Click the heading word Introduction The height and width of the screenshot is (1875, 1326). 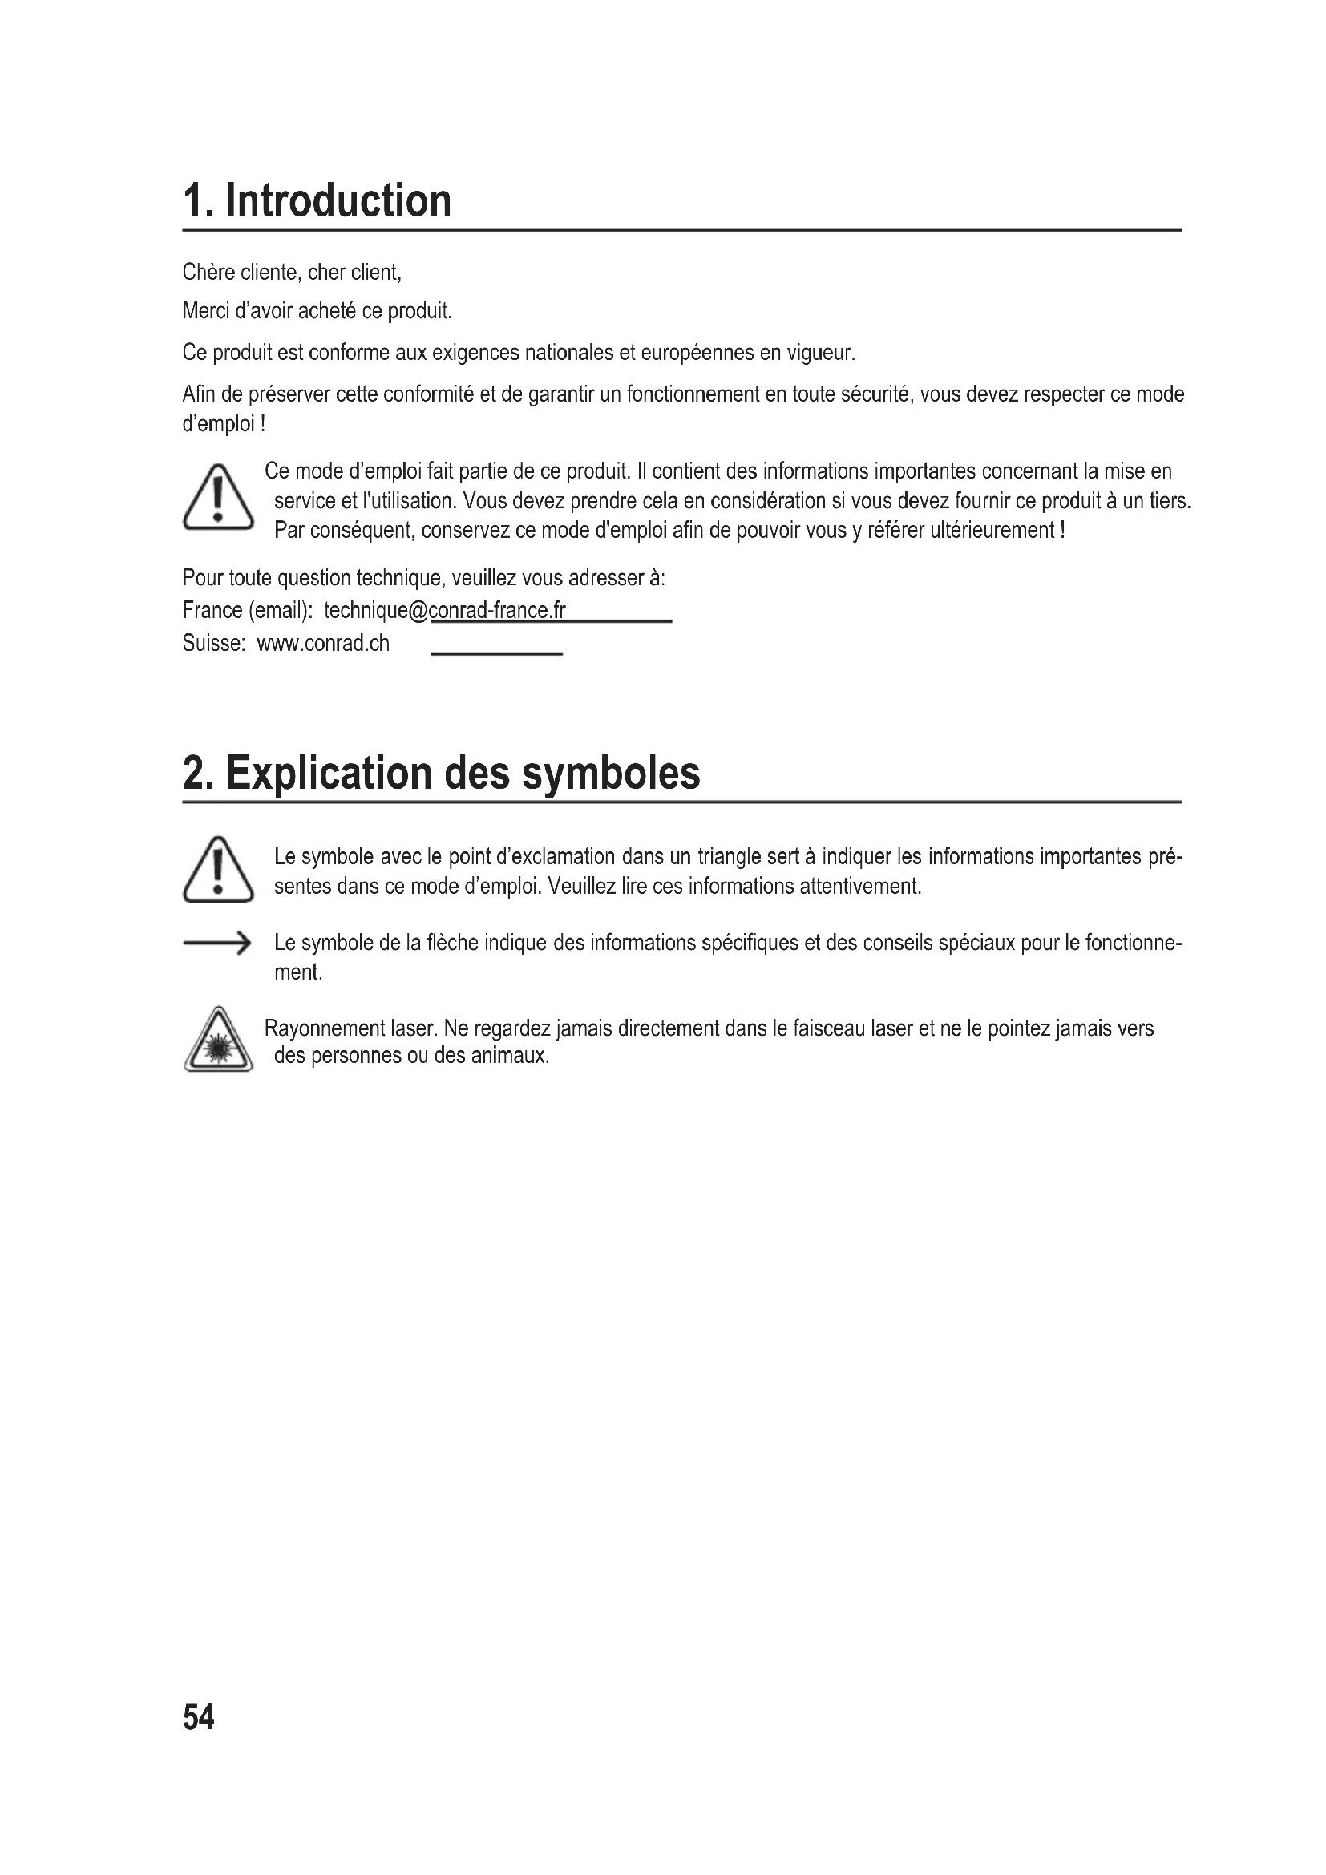click(338, 201)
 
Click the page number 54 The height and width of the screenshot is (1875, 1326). click(198, 1717)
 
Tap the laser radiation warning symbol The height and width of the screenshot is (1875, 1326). click(218, 1041)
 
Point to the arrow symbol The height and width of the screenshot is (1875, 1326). click(216, 944)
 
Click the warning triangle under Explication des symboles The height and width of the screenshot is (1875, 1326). click(218, 871)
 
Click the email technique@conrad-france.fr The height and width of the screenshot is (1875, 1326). click(444, 611)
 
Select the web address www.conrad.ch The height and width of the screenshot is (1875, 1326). click(323, 644)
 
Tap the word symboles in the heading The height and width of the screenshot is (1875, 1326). click(611, 773)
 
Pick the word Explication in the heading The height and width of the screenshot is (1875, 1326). click(328, 773)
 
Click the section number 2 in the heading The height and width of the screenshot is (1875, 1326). click(196, 773)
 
